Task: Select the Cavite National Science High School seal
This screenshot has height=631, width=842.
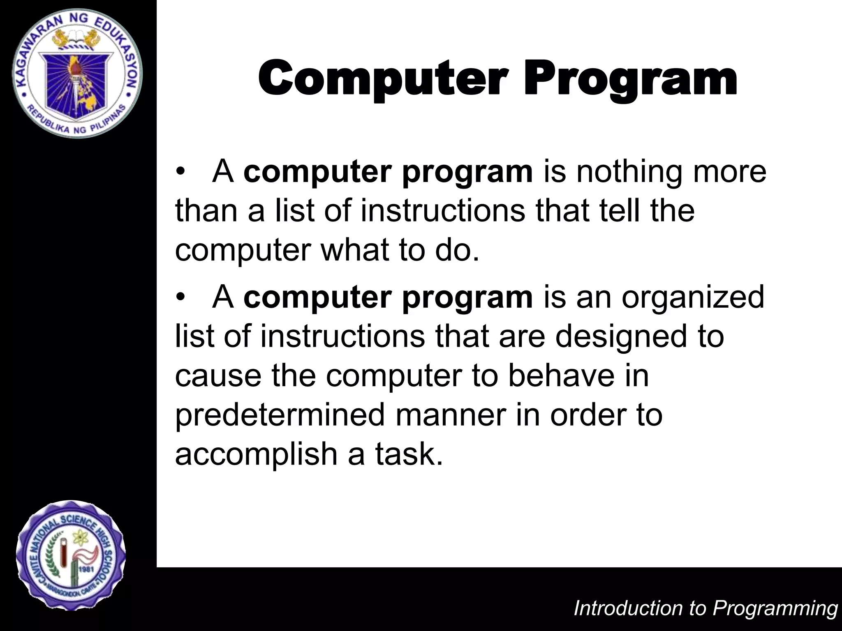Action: (x=71, y=555)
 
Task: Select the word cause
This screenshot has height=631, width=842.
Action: (x=218, y=376)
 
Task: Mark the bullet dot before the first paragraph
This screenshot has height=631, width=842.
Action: (x=179, y=173)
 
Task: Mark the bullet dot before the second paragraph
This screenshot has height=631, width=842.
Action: (x=179, y=297)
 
